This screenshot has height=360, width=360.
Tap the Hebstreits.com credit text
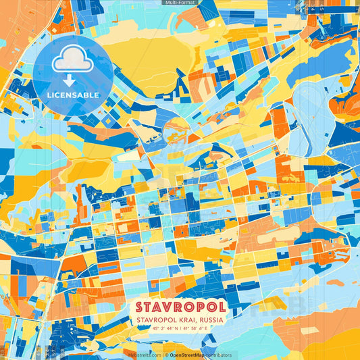[145, 355]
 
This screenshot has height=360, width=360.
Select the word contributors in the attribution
[218, 355]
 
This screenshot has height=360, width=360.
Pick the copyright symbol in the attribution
[166, 355]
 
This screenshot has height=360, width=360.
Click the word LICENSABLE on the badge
[73, 94]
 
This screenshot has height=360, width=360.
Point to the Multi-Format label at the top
[180, 3]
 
